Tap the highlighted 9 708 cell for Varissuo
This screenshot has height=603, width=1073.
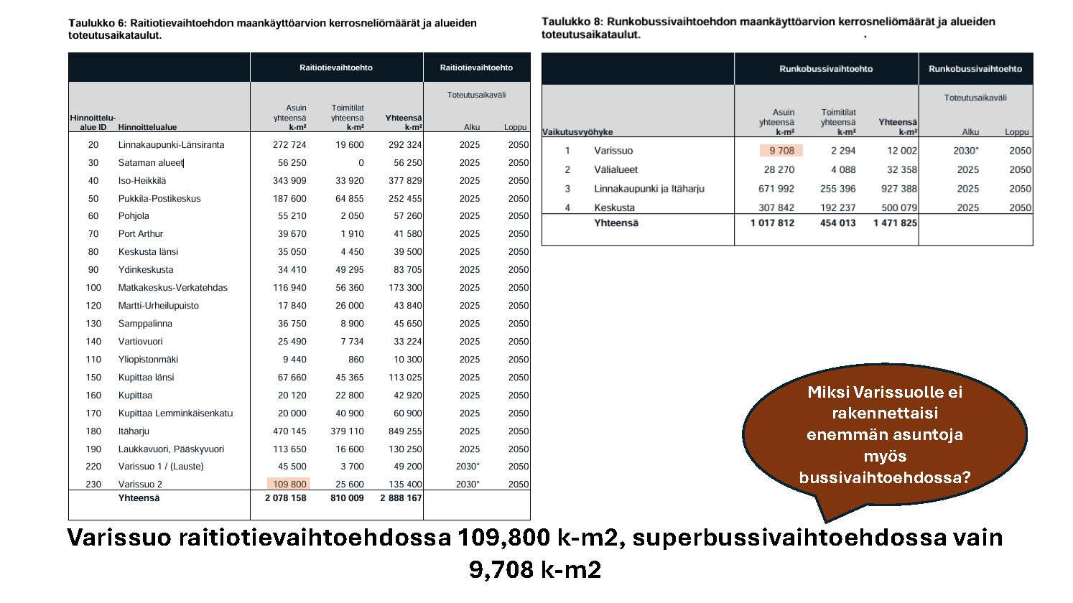[781, 151]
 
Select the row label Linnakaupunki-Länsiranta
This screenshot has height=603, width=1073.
[171, 145]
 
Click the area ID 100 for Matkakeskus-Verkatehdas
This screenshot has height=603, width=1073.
[93, 288]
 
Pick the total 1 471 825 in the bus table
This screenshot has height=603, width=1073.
[895, 223]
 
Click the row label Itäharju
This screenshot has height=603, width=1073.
[134, 431]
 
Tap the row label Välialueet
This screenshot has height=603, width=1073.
[616, 170]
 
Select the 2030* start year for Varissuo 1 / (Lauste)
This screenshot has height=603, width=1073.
[468, 467]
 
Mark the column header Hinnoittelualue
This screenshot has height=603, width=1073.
[147, 128]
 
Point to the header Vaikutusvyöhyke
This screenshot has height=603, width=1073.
[577, 132]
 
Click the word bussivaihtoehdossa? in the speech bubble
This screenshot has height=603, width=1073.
[884, 477]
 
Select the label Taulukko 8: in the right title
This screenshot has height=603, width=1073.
[572, 22]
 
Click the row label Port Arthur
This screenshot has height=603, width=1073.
[141, 234]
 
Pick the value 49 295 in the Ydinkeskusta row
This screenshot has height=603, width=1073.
[350, 270]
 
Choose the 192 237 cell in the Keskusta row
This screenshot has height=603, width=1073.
[838, 208]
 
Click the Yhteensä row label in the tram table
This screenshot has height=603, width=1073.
[139, 498]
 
